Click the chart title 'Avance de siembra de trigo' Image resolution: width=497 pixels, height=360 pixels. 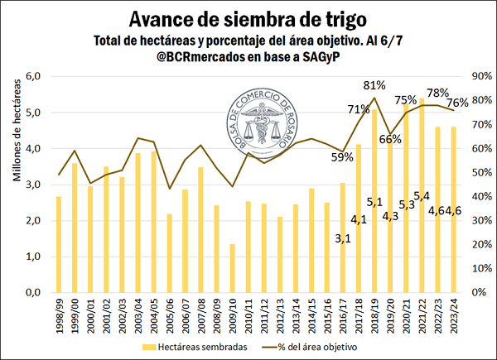pyautogui.click(x=248, y=17)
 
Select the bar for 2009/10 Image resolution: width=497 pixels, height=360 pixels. pyautogui.click(x=232, y=268)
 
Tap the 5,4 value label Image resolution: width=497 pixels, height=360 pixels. pyautogui.click(x=422, y=196)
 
